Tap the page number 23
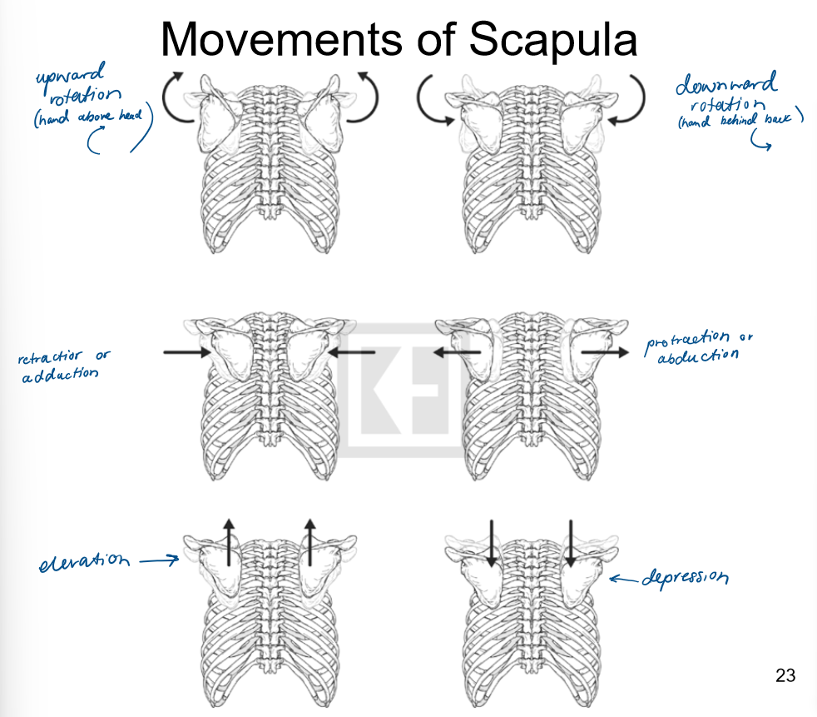(x=785, y=675)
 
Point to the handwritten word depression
(x=685, y=577)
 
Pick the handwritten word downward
(x=726, y=85)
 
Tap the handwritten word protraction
(x=687, y=340)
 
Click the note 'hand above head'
(x=93, y=118)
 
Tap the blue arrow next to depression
(x=623, y=578)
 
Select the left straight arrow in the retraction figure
(x=187, y=352)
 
